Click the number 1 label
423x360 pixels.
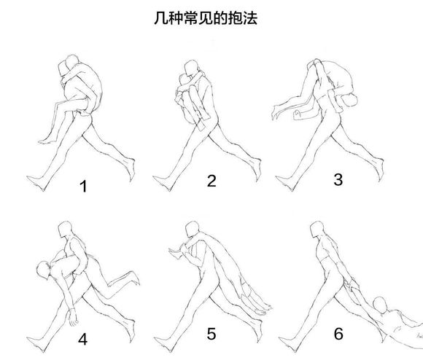83,187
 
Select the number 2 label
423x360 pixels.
211,181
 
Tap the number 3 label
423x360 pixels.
338,179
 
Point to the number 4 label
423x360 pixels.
82,340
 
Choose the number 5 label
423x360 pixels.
211,334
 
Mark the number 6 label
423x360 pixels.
338,334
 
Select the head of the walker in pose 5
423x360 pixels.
191,231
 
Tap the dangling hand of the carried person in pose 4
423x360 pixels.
73,319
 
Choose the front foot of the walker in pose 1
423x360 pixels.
32,179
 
